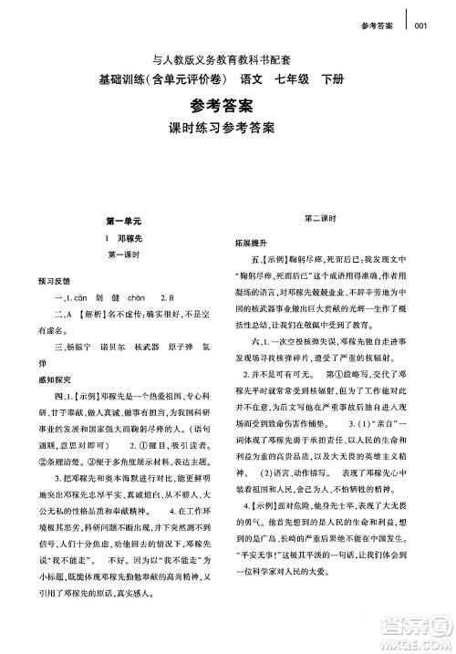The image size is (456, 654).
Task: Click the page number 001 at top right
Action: [420, 26]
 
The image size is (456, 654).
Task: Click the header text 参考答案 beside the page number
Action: [377, 26]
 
